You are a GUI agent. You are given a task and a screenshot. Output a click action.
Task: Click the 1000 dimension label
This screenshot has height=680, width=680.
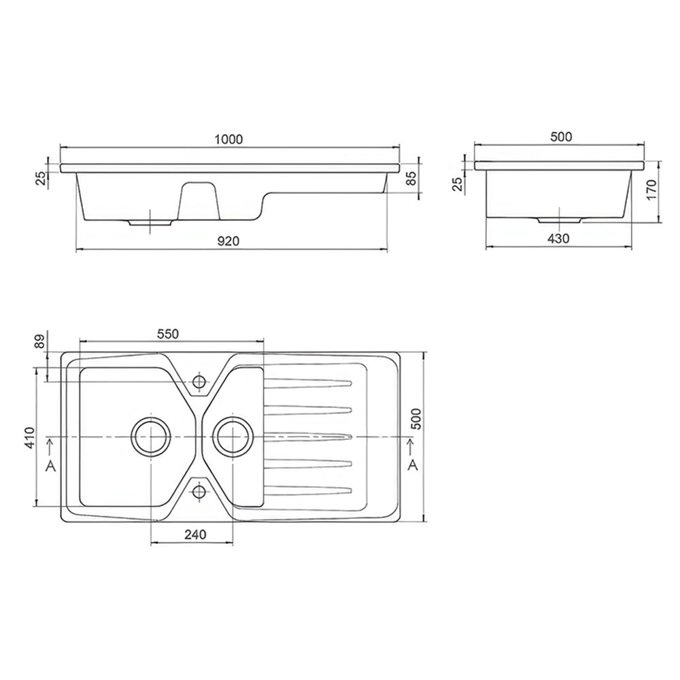(228, 139)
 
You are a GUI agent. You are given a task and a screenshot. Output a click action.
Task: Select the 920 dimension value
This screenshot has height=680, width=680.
(228, 241)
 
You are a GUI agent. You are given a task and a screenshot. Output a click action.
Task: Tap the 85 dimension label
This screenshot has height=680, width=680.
(411, 177)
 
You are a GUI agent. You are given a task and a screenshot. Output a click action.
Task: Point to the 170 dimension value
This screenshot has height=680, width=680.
(652, 189)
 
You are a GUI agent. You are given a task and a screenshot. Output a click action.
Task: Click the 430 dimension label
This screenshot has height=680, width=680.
(558, 239)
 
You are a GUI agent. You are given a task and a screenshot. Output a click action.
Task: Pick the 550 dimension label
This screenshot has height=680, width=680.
(167, 333)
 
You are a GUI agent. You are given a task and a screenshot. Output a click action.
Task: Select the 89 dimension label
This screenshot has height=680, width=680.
(40, 342)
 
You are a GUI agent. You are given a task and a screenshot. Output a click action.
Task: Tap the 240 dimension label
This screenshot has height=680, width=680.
(195, 534)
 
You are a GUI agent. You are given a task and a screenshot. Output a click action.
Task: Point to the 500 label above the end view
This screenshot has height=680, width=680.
(561, 137)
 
